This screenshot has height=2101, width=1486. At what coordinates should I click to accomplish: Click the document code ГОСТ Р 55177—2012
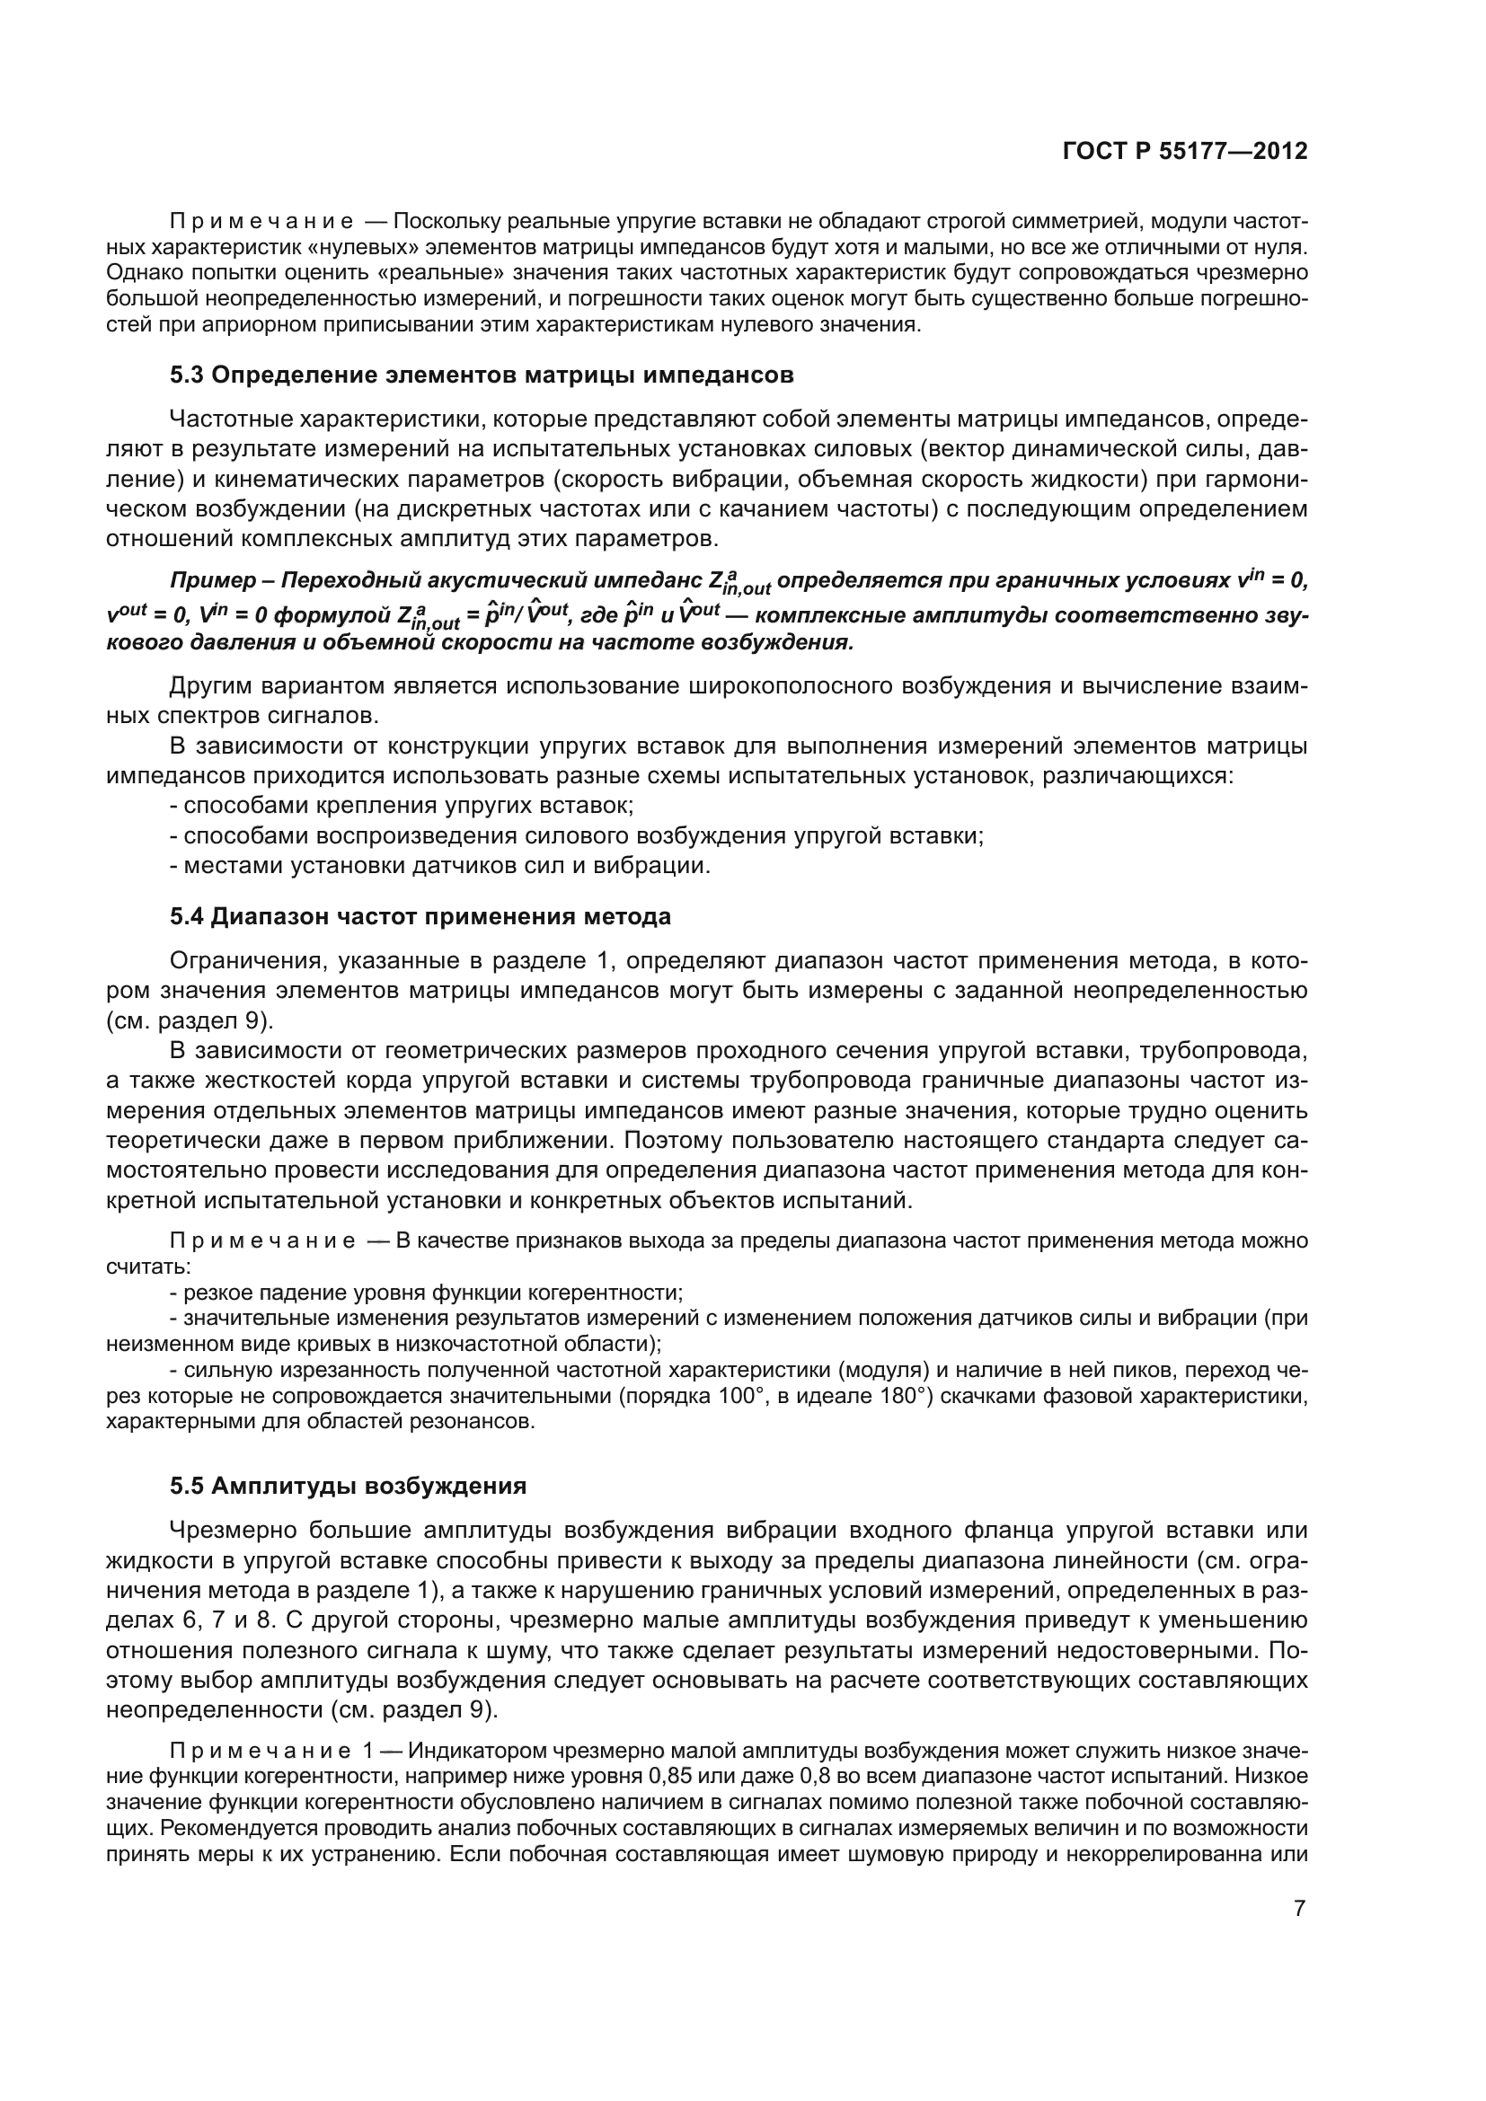tap(1184, 151)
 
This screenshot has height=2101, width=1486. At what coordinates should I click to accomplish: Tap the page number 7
tap(1299, 1908)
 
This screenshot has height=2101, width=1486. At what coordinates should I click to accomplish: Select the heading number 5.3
tap(189, 375)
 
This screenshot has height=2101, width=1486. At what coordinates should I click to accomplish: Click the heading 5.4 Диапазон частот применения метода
tap(420, 916)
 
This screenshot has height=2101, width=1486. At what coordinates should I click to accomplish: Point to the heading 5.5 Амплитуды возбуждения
tap(348, 1485)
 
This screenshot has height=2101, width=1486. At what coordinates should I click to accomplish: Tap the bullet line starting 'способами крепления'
tap(402, 806)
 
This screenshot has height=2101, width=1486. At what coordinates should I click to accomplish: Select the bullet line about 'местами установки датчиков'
tap(439, 865)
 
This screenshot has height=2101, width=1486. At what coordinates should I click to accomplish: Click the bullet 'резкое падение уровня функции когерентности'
tap(427, 1293)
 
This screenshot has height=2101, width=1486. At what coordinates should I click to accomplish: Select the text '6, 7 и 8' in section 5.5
tap(228, 1620)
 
